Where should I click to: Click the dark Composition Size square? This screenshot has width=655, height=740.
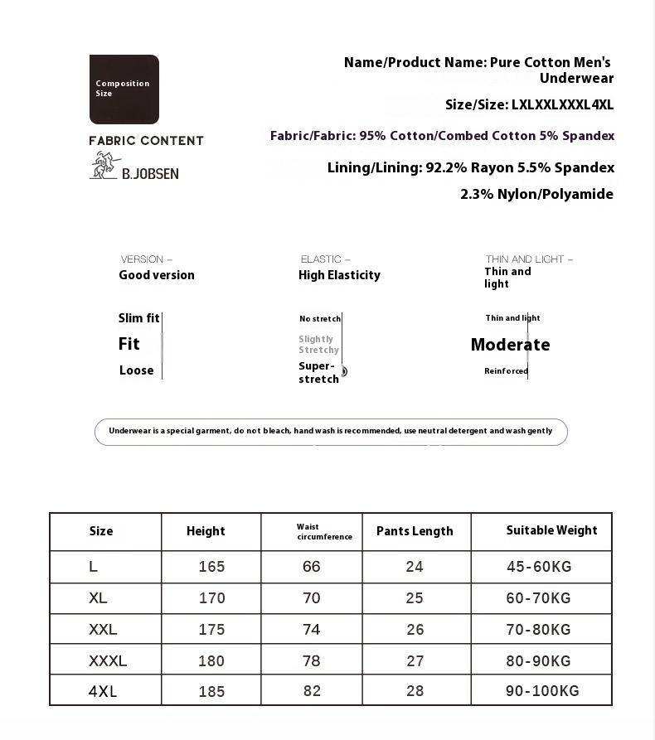pos(124,89)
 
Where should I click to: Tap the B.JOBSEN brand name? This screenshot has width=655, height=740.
pos(150,174)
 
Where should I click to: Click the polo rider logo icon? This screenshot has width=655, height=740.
pos(103,167)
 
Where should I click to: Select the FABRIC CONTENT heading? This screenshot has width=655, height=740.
pos(147,141)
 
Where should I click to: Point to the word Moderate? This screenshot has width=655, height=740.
pos(510,345)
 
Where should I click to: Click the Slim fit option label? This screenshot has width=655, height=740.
pos(138,318)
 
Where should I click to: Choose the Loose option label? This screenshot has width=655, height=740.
pos(136,370)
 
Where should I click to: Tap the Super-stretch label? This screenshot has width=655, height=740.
pos(318,373)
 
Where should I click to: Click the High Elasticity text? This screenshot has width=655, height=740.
pos(339,275)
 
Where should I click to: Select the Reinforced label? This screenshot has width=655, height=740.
pos(506,371)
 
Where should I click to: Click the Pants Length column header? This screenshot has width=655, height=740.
pos(415,531)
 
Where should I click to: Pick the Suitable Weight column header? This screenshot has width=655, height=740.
pos(551,530)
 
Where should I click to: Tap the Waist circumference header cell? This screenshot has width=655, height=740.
pos(324,532)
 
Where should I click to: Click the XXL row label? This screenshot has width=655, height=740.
pos(103,630)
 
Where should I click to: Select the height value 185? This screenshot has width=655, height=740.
pos(211,691)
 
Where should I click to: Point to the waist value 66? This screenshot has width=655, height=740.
pos(312,567)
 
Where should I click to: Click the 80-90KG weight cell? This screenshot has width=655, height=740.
pos(538,661)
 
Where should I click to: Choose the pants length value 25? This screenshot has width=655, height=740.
pos(415,598)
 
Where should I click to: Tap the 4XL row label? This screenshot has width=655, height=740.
pos(103,691)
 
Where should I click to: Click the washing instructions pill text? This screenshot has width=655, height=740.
pos(330,432)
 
